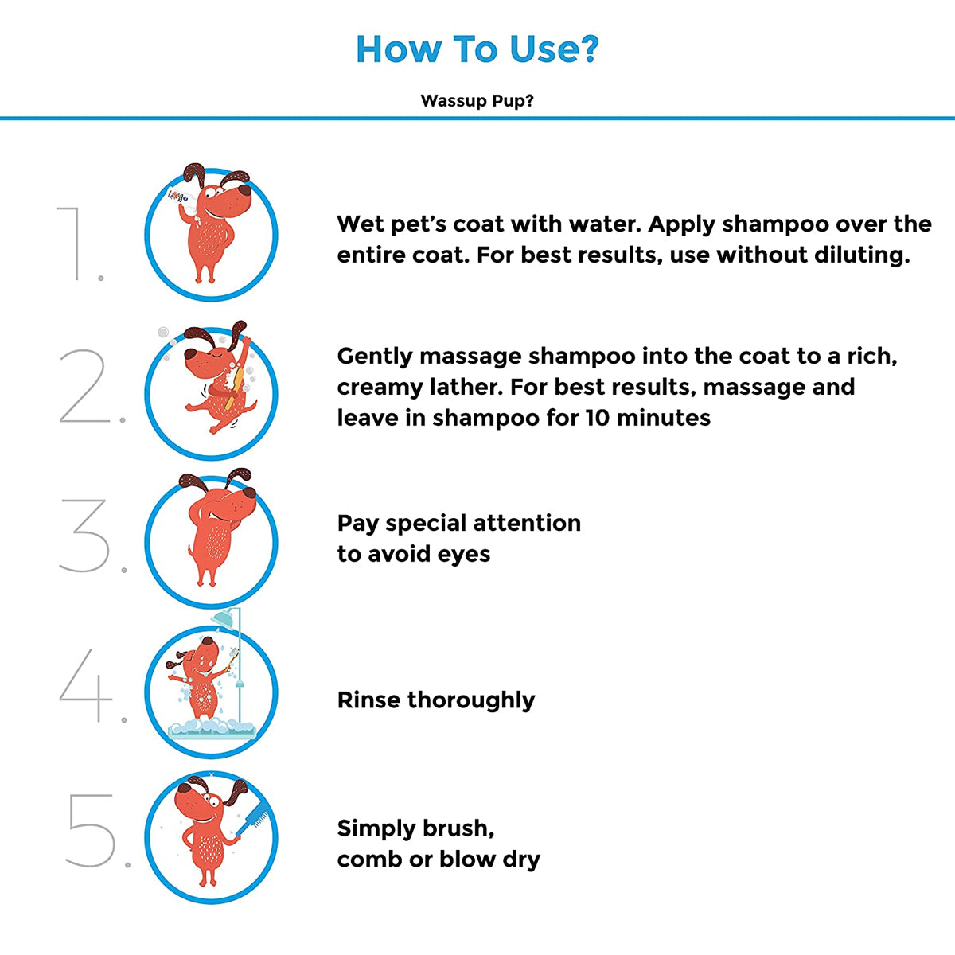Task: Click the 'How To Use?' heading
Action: pos(477,49)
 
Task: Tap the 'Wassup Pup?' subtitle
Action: pos(477,100)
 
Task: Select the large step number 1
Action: pos(74,244)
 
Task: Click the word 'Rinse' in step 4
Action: pos(368,700)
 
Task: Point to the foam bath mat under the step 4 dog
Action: pos(212,729)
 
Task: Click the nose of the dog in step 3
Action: pos(249,493)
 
